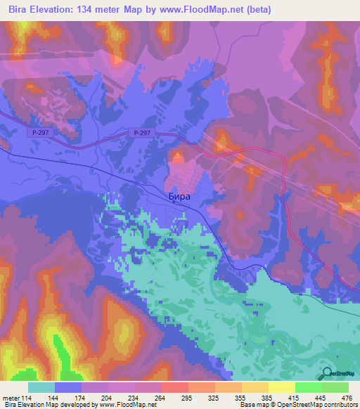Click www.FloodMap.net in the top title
[x=197, y=9]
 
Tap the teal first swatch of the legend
[x=41, y=387]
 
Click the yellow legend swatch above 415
[x=281, y=387]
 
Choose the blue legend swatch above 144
[x=68, y=387]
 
